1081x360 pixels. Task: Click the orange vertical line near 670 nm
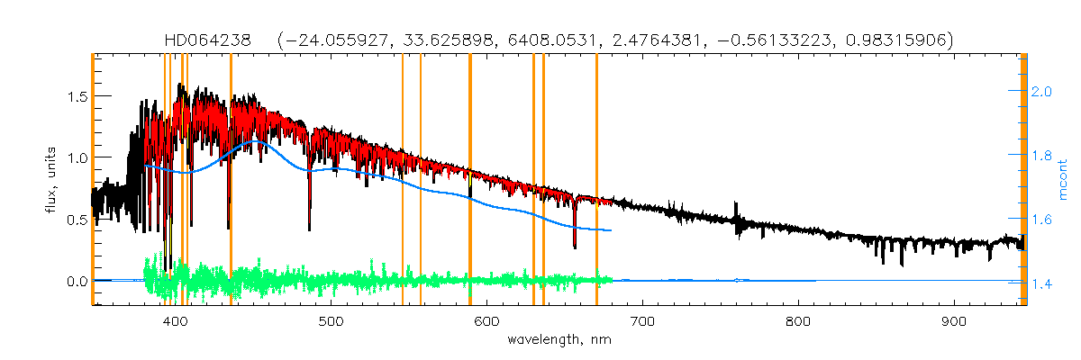point(596,180)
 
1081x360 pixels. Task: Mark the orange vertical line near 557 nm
point(421,180)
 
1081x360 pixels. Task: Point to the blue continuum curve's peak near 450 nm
point(259,140)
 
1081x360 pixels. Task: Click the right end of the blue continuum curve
point(612,230)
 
